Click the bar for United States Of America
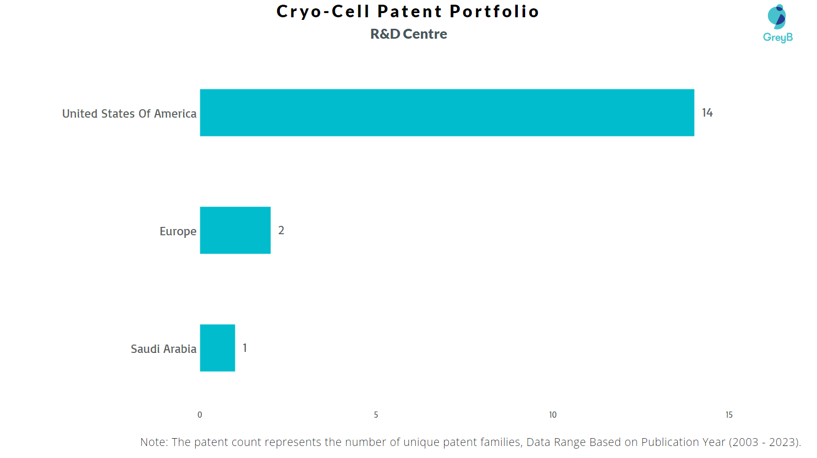[447, 112]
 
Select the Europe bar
[235, 230]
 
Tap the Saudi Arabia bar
[217, 348]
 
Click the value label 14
[707, 113]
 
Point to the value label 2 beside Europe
[281, 231]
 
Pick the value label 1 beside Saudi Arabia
[245, 348]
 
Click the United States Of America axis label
[129, 113]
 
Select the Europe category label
[178, 232]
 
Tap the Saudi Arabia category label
[163, 349]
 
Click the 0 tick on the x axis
[200, 415]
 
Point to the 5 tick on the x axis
[376, 415]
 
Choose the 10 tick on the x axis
[552, 415]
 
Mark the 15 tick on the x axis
[729, 415]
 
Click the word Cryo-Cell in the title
[323, 12]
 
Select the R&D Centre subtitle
[408, 34]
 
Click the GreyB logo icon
[777, 17]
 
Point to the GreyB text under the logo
[778, 37]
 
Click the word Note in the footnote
[154, 442]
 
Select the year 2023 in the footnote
[782, 442]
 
